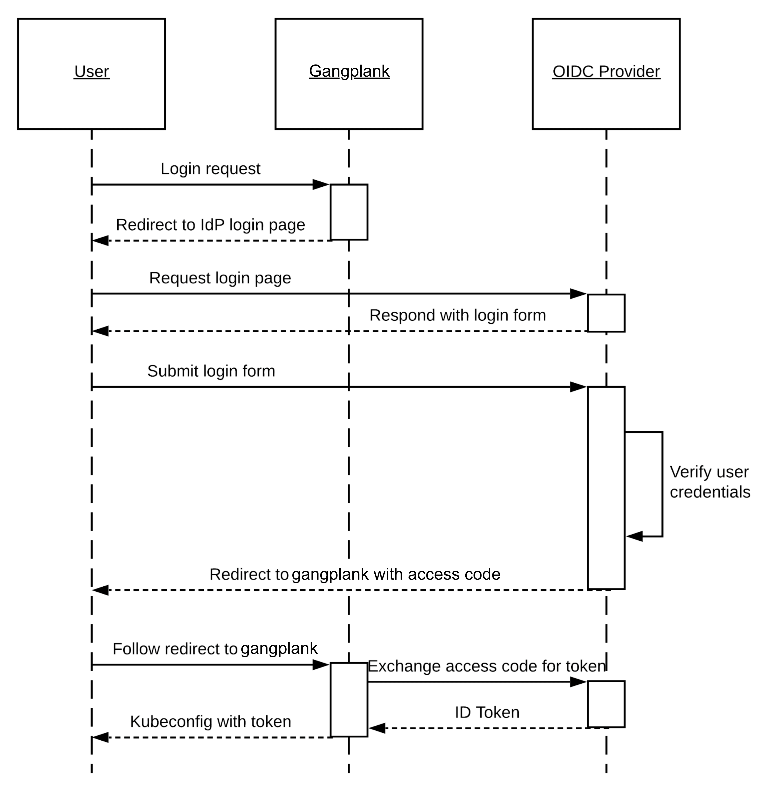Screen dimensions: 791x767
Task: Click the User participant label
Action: coord(92,71)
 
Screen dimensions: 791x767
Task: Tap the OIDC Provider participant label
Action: coord(606,71)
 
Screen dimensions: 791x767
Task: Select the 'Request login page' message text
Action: coord(220,278)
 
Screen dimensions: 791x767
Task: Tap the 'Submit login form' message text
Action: coord(211,371)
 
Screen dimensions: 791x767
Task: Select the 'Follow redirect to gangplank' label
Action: coord(215,649)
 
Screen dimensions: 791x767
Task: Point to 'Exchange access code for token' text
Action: coord(487,666)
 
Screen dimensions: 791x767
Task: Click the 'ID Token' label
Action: coord(487,712)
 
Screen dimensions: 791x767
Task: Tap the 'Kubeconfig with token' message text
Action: coord(210,722)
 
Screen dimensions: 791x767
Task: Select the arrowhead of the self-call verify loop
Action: coord(634,536)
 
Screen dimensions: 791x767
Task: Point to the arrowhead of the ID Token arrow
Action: coord(377,729)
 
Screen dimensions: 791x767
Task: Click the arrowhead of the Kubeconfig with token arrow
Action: coord(100,738)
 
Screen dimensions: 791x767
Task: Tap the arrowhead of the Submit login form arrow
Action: coord(578,387)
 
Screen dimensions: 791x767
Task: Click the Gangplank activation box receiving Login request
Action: coord(349,212)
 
